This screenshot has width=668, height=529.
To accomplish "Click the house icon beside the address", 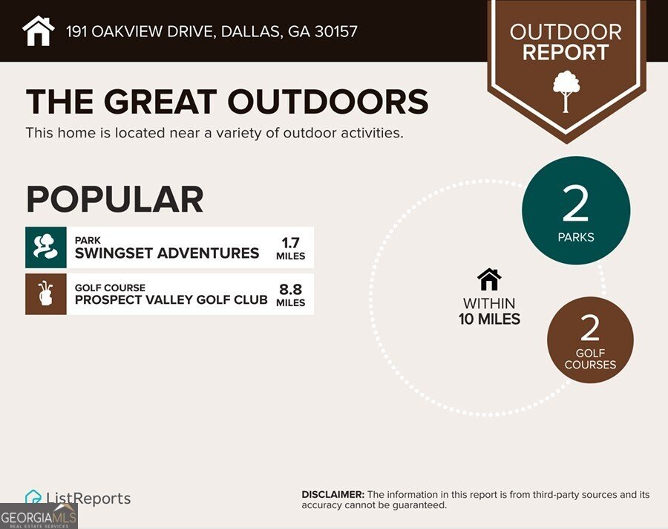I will pos(39,30).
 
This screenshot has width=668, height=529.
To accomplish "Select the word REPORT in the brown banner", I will pos(566,53).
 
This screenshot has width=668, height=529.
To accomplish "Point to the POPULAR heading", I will pos(114,199).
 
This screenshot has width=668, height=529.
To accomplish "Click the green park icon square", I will pos(46,247).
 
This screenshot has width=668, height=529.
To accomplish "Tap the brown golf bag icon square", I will pos(46,293).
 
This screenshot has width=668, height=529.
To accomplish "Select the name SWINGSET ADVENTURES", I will pos(167,253).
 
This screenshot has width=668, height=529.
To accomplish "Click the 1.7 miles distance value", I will pos(290,248).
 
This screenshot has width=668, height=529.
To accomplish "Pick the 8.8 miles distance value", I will pos(290,294).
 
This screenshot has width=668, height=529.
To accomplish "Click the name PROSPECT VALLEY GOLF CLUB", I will pos(171,299).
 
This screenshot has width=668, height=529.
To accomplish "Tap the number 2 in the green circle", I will pos(576,205).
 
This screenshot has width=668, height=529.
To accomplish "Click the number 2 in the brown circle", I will pos(590,328).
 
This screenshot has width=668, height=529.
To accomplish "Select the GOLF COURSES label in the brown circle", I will pos(590,359).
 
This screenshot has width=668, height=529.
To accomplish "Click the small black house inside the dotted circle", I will pos(489,279).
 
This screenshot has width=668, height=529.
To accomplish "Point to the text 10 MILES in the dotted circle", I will pos(489,319).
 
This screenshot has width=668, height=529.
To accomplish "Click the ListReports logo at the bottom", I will pos(78,499).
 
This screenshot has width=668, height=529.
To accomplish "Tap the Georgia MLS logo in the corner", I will pos(39,516).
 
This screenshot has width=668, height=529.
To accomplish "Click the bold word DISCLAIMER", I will pos(333,495).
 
